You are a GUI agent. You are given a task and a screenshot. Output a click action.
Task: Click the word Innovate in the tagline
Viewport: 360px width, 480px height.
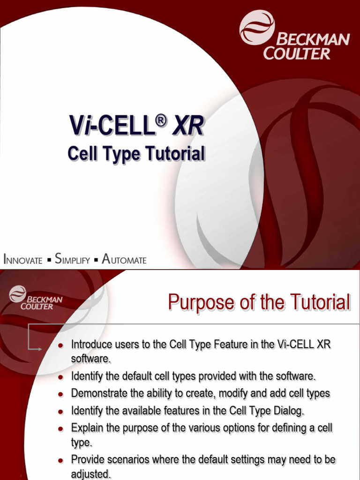[23, 259]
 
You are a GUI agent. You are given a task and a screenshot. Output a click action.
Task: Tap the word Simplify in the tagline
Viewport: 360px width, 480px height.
[72, 259]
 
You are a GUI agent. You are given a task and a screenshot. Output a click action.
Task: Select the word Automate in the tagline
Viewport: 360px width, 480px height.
[124, 259]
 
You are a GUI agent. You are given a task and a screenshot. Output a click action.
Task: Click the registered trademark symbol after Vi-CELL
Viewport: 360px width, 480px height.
[161, 121]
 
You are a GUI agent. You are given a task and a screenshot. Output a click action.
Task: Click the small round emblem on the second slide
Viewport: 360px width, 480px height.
[18, 294]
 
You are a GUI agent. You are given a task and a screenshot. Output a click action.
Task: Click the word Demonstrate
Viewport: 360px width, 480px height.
[99, 393]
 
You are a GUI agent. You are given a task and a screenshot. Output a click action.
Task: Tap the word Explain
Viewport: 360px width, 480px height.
[85, 427]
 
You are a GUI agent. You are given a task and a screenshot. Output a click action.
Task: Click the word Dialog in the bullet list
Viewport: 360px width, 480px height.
[291, 411]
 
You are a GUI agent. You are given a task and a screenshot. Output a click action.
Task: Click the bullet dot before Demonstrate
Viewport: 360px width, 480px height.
[60, 394]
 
